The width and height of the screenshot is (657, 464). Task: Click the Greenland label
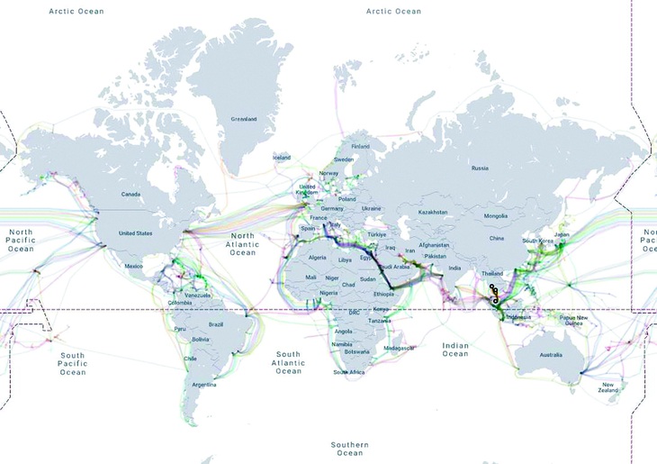[x=243, y=119]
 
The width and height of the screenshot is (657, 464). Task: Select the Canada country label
[x=132, y=194]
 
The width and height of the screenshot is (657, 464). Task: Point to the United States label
[x=138, y=232]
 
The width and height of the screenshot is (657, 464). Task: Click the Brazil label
[x=215, y=324]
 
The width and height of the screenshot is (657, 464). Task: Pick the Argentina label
[x=203, y=385]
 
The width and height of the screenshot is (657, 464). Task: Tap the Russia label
[x=480, y=168]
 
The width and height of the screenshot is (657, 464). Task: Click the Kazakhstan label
[x=432, y=212]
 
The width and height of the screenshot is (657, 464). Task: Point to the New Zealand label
[x=609, y=387]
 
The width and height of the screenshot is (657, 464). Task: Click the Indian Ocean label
[x=455, y=350]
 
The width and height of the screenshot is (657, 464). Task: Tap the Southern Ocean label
[x=349, y=450]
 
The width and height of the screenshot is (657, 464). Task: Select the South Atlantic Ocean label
[x=288, y=362]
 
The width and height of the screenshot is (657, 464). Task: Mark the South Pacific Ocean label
[x=73, y=363]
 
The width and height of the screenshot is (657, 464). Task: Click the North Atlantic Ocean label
[x=242, y=244]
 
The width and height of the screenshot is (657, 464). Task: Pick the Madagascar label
[x=399, y=347]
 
